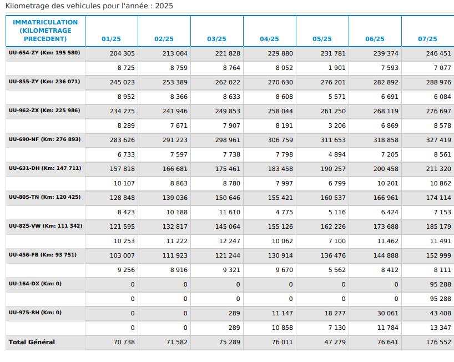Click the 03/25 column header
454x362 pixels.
(x=216, y=39)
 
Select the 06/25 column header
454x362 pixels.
(x=375, y=39)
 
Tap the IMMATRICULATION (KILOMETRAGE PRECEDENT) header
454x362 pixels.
(x=45, y=31)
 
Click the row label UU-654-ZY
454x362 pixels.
(x=23, y=53)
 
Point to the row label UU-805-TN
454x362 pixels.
(x=24, y=197)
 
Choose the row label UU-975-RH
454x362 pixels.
(x=24, y=313)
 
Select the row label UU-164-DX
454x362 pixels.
(x=24, y=284)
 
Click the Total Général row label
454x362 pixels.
(x=32, y=342)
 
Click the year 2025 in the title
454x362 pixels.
(x=164, y=6)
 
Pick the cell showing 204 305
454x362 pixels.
(x=122, y=53)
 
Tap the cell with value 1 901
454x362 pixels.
(x=337, y=68)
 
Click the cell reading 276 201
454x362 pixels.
(x=333, y=82)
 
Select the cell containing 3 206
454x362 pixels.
(x=337, y=125)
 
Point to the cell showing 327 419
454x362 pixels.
(x=438, y=140)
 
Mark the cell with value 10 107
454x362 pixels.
(x=124, y=183)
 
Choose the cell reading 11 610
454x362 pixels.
(x=230, y=212)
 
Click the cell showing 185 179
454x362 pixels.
(x=438, y=227)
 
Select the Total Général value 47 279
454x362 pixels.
(x=335, y=343)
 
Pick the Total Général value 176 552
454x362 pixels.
(x=438, y=343)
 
